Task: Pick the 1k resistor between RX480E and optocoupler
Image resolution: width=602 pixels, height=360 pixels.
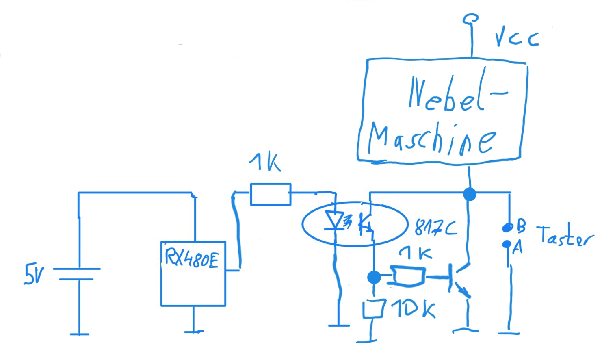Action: click(x=271, y=194)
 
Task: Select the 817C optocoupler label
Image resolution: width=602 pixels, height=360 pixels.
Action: click(x=435, y=228)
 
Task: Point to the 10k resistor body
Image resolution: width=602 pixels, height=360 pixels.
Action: click(x=374, y=309)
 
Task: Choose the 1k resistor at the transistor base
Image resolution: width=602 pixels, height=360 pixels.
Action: click(x=408, y=276)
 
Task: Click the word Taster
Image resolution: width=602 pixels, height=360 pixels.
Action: click(x=565, y=236)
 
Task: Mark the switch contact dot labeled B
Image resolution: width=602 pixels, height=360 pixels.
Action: click(x=507, y=228)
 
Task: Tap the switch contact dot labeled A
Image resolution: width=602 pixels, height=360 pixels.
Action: click(x=507, y=244)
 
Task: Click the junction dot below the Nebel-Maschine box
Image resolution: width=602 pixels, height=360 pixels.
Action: click(x=470, y=194)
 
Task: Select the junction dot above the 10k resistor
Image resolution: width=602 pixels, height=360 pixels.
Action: click(x=374, y=278)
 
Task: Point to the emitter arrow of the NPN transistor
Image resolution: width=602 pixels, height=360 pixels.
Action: click(x=463, y=290)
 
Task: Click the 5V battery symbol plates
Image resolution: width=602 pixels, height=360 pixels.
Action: click(x=77, y=274)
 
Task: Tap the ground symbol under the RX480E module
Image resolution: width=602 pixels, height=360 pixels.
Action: click(x=193, y=331)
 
